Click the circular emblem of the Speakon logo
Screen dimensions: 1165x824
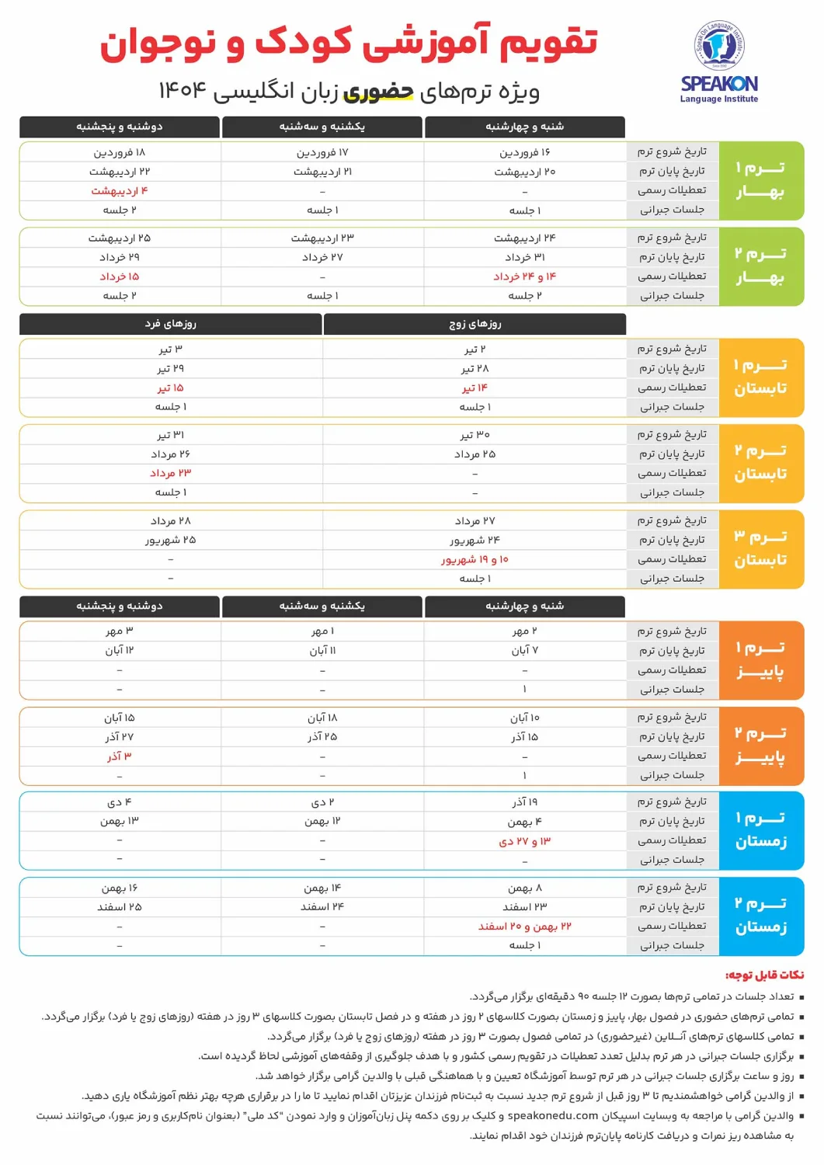[719, 47]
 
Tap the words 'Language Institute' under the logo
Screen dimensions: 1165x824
[719, 99]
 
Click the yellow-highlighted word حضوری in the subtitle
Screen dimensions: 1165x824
[378, 92]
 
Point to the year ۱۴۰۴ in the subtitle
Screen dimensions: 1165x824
[183, 91]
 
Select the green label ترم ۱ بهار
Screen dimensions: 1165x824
[760, 180]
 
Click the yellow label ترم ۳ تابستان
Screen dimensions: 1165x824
[760, 548]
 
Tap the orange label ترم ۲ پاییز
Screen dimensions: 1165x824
[760, 746]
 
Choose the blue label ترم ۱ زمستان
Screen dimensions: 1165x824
[760, 830]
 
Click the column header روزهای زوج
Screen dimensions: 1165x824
[475, 324]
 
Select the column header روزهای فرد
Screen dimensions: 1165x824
[171, 324]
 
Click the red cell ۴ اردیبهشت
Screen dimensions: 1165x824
[120, 191]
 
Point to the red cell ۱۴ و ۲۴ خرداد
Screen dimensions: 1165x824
[525, 276]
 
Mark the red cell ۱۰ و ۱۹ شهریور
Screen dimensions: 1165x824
[475, 559]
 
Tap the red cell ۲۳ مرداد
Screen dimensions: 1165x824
[171, 473]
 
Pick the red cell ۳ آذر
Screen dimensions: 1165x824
[120, 756]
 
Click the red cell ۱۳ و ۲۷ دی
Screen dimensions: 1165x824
[525, 841]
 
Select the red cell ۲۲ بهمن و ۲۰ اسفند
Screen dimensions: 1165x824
[525, 927]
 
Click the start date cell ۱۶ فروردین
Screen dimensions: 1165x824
[525, 153]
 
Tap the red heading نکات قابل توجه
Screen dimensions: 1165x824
[764, 975]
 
